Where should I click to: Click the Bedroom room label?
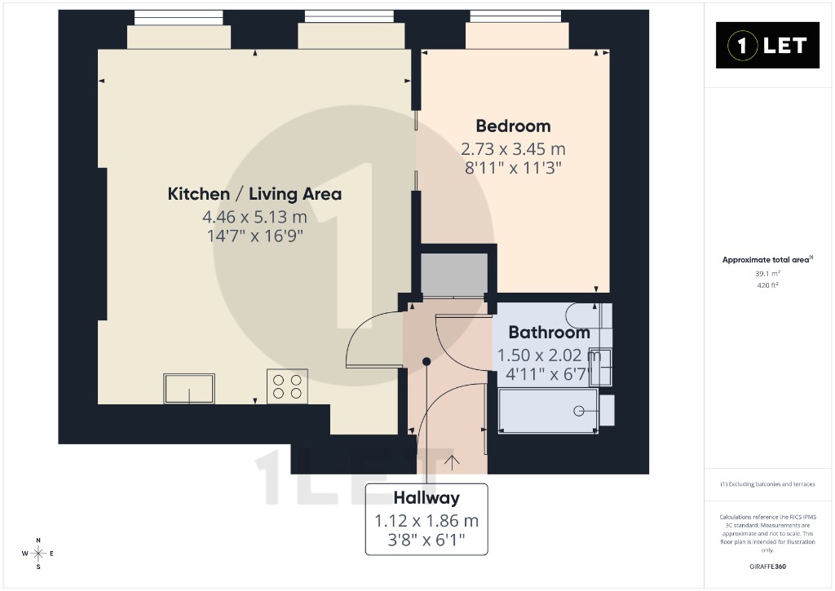click(513, 126)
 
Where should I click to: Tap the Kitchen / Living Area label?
click(254, 194)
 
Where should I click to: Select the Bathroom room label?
click(549, 333)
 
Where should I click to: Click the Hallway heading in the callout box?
click(426, 498)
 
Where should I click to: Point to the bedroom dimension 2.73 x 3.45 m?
click(513, 148)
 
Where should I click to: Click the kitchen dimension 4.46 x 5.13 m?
click(254, 217)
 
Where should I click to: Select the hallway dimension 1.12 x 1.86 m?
click(426, 521)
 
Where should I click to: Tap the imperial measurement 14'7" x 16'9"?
click(254, 236)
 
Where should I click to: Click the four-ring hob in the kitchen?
click(288, 386)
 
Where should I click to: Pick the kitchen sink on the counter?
click(189, 388)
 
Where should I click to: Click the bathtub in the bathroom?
click(548, 411)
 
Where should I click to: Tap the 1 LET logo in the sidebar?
click(767, 46)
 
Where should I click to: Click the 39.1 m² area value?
click(767, 274)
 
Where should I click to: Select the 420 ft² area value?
click(767, 285)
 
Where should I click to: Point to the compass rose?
click(38, 554)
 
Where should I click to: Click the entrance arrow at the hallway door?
click(452, 463)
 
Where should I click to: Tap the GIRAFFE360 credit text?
click(767, 567)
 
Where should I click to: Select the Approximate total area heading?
click(767, 260)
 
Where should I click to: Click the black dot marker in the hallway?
click(426, 361)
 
